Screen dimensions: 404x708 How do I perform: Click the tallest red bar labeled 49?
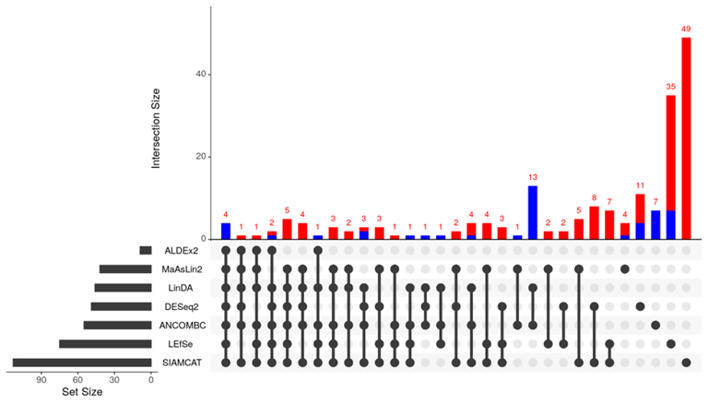pyautogui.click(x=686, y=138)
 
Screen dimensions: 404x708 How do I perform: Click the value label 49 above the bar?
pyautogui.click(x=686, y=29)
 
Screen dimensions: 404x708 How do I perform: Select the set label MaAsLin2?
pyautogui.click(x=183, y=269)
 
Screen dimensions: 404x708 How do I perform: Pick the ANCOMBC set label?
pyautogui.click(x=183, y=325)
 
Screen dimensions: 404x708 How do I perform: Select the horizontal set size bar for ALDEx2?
pyautogui.click(x=146, y=250)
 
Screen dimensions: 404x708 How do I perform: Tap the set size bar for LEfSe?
pyautogui.click(x=105, y=344)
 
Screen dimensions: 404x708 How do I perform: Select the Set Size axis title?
pyautogui.click(x=81, y=393)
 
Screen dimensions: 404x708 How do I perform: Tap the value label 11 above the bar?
pyautogui.click(x=640, y=185)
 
